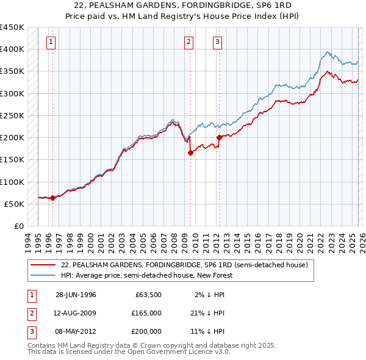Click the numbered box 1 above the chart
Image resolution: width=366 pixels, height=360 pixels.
coord(50,42)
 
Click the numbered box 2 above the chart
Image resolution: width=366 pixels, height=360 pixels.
coord(188,42)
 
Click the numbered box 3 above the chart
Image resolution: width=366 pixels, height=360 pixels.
coord(217,42)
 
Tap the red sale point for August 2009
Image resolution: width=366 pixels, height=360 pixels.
coord(190,153)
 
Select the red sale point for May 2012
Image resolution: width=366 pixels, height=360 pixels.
coord(219,138)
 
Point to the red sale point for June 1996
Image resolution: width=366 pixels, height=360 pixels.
coord(53,198)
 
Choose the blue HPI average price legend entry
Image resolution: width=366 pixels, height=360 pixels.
coord(147,275)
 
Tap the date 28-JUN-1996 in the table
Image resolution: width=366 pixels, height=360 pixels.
coord(76,294)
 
